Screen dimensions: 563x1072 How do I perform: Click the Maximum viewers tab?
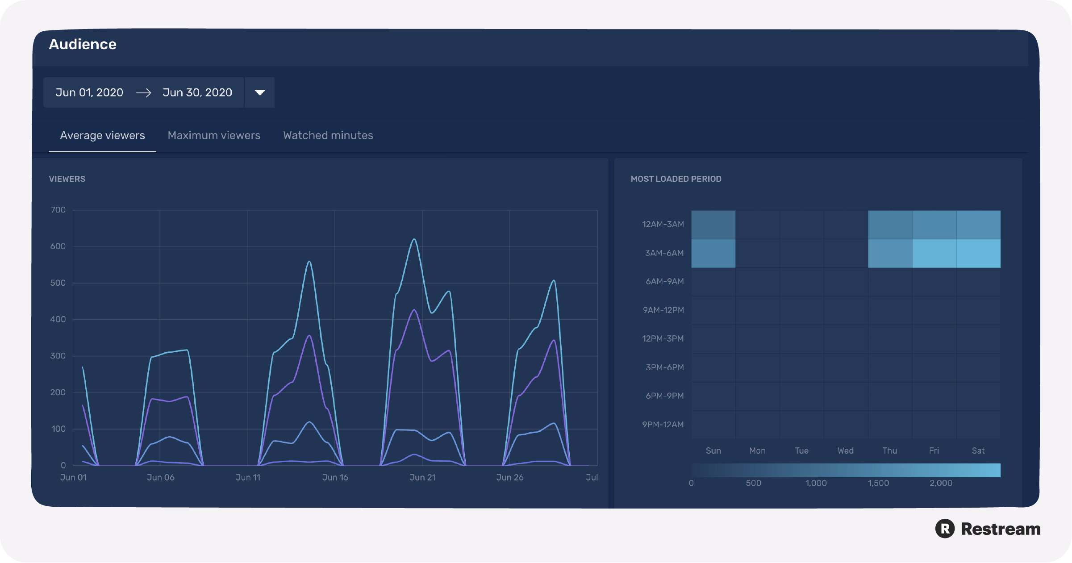(x=214, y=135)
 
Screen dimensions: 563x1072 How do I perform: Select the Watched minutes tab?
(x=328, y=135)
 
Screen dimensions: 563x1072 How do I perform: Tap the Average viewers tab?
(x=102, y=135)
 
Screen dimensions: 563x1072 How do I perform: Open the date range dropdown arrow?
(x=260, y=92)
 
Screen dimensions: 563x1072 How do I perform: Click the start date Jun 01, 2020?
(x=89, y=92)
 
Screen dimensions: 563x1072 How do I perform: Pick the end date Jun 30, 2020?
(x=197, y=92)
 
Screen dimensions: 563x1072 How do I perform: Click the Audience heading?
(x=83, y=44)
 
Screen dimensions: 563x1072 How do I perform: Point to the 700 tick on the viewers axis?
(x=58, y=210)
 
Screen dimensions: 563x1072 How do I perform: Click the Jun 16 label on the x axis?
(x=335, y=477)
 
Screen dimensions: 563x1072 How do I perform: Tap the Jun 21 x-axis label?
(x=422, y=477)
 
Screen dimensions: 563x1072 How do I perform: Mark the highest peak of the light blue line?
(x=414, y=239)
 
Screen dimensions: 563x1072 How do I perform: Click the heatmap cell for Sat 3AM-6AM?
(x=978, y=253)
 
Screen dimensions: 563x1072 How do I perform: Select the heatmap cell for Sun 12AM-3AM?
(x=713, y=225)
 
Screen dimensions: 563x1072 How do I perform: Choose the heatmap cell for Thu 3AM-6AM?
(x=890, y=253)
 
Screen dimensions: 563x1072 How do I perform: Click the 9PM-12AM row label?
(x=663, y=425)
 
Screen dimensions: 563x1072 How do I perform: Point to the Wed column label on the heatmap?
(x=846, y=450)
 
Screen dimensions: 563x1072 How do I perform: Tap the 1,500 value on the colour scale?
(x=878, y=483)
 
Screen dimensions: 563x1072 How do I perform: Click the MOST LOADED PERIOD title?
(x=676, y=179)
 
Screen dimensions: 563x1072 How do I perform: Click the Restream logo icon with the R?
(x=945, y=529)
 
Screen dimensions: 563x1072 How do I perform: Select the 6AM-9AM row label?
(x=665, y=281)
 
